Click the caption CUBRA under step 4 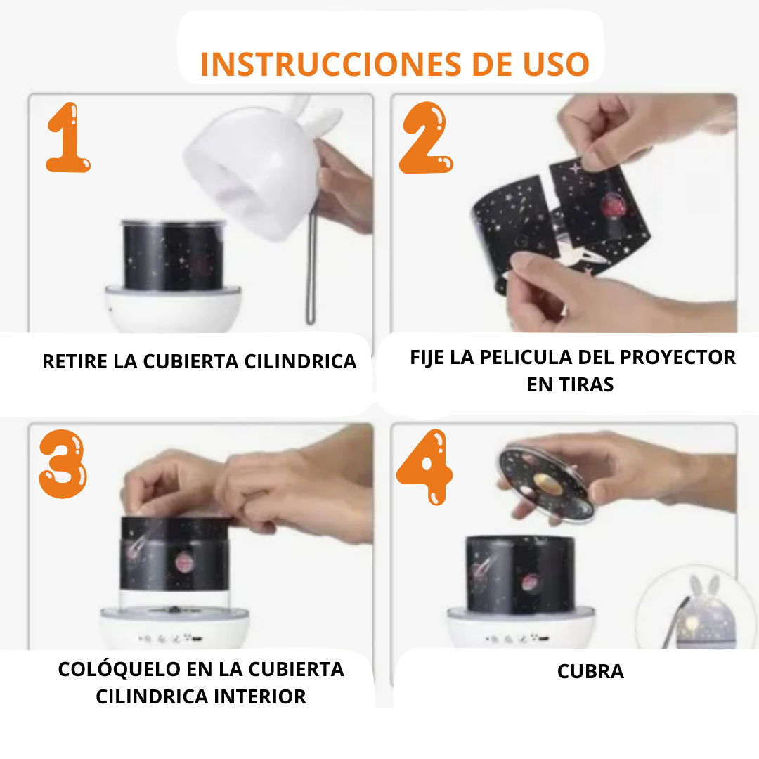click(590, 672)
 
